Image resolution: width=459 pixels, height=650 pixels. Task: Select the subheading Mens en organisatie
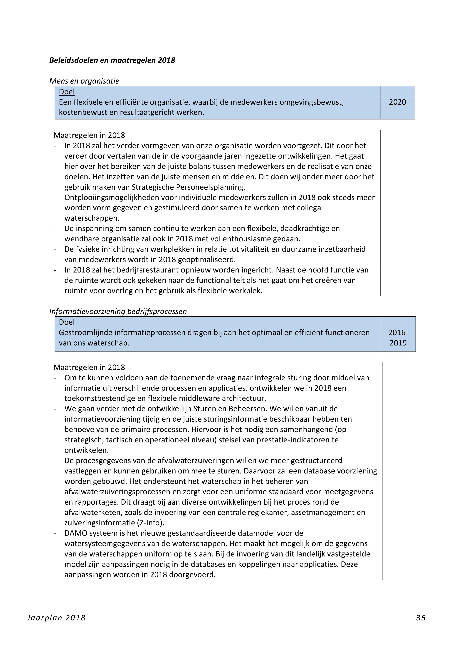[x=84, y=81]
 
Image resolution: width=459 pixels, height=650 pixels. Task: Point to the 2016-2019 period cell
[x=398, y=338]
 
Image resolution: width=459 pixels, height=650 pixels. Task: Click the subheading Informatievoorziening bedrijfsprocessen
[x=118, y=311]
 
